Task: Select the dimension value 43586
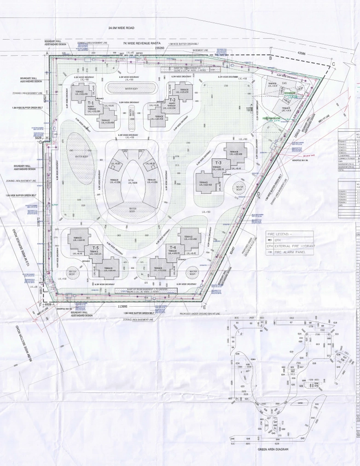click(302, 53)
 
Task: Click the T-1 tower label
click(91, 103)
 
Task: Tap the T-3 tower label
click(219, 163)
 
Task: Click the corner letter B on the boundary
click(271, 58)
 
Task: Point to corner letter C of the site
click(333, 64)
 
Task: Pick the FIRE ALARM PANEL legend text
click(290, 252)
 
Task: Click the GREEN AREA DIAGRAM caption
click(273, 449)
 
